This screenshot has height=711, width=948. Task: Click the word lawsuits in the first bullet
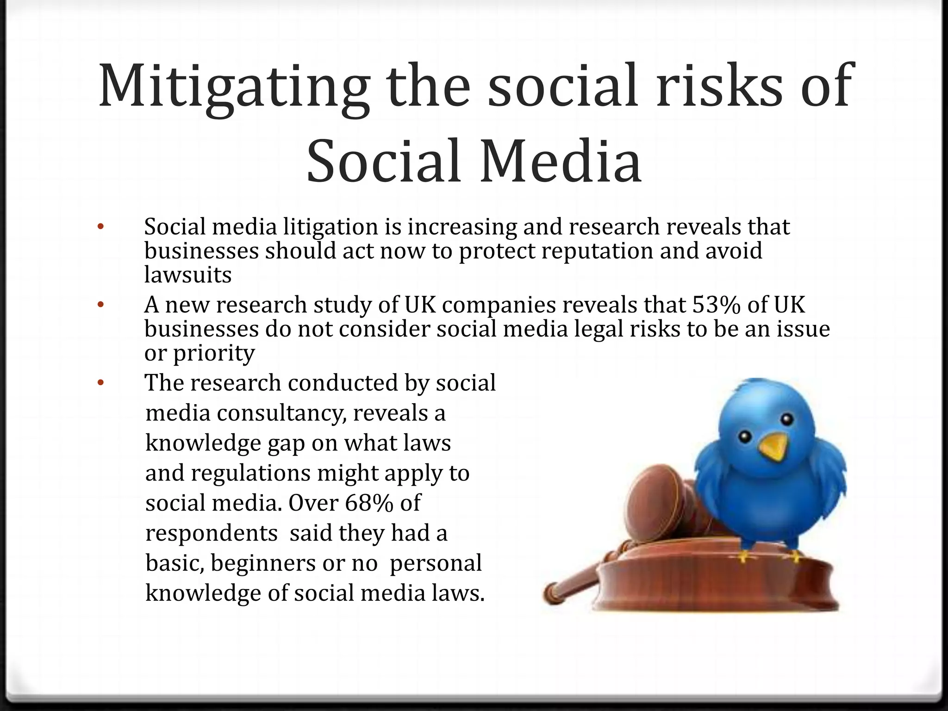pos(187,275)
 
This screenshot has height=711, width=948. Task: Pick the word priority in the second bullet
pos(213,354)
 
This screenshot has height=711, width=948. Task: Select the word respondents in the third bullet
pos(211,533)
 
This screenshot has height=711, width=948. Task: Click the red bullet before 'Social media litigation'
pos(101,227)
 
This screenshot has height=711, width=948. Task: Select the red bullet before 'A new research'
pos(101,305)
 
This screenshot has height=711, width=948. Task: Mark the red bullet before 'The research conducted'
pos(101,383)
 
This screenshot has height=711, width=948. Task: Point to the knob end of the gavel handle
pos(551,589)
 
